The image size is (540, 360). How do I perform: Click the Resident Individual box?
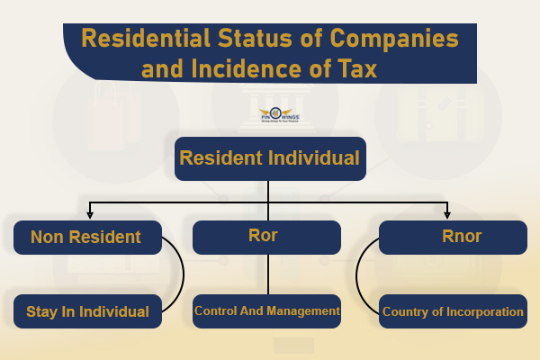[270, 157]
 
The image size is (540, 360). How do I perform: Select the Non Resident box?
[87, 238]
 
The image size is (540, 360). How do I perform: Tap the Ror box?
[267, 238]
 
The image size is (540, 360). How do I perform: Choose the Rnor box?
[453, 238]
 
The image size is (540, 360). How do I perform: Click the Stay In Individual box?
[87, 311]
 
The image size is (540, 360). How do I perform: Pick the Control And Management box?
[267, 311]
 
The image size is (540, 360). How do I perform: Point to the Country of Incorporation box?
[453, 311]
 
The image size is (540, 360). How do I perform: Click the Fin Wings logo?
[270, 115]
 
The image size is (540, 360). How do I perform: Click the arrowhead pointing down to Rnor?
[447, 214]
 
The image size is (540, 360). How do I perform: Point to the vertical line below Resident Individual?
[268, 191]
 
